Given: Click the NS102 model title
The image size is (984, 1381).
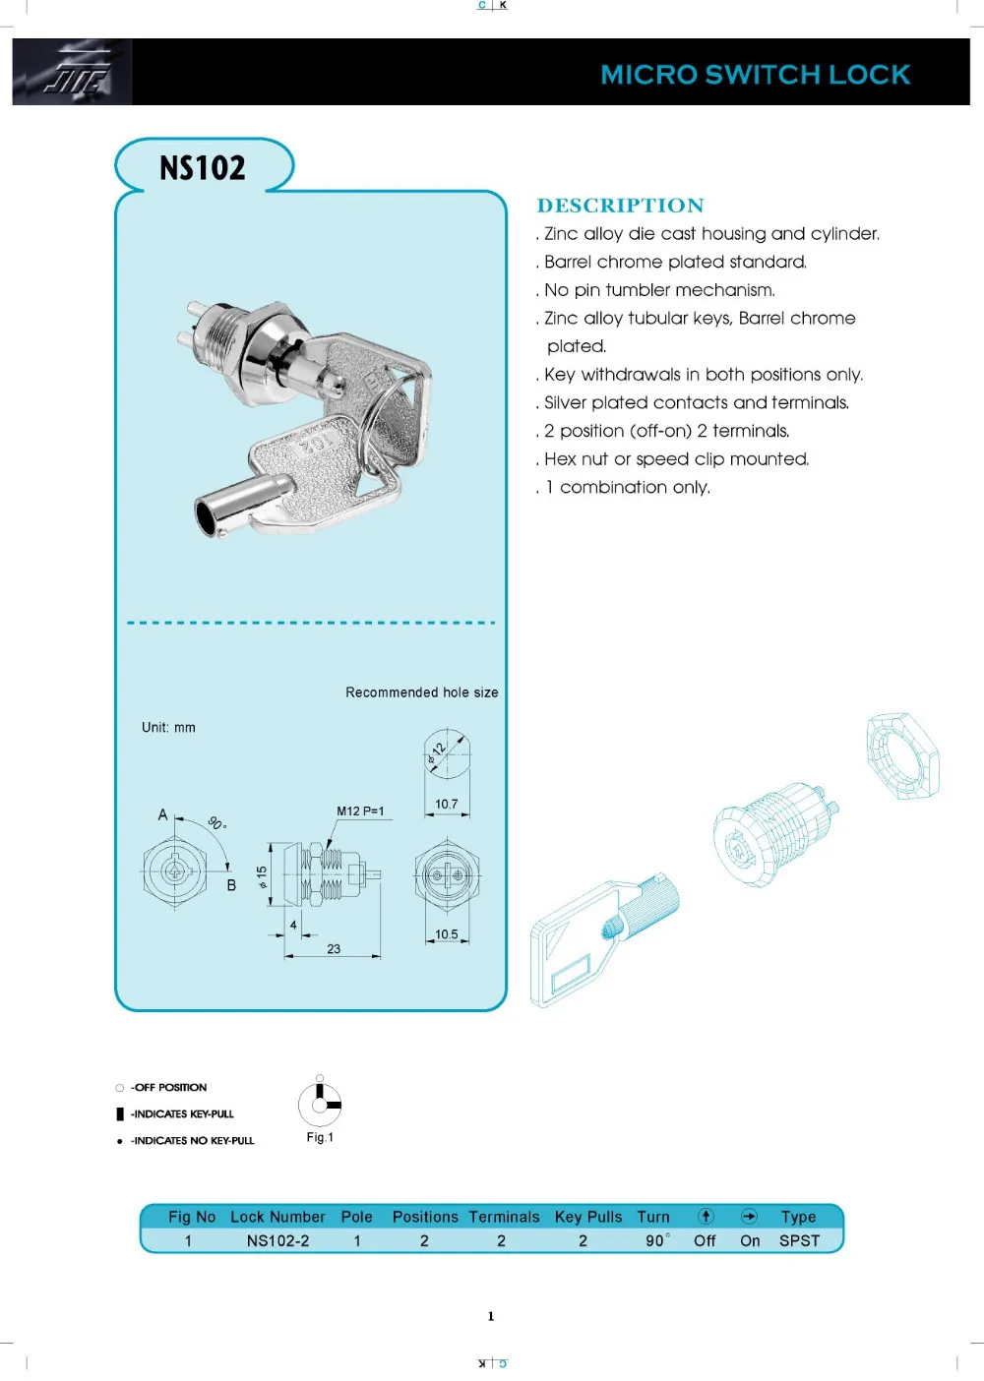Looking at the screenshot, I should pyautogui.click(x=203, y=168).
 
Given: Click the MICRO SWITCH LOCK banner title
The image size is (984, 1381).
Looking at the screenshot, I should pyautogui.click(x=755, y=75).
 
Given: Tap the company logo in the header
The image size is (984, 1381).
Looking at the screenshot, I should pyautogui.click(x=74, y=72).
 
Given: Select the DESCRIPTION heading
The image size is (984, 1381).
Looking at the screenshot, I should pyautogui.click(x=620, y=206).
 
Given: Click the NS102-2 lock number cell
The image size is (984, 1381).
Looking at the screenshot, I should pyautogui.click(x=277, y=1240).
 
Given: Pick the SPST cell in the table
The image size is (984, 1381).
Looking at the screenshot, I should pyautogui.click(x=799, y=1240).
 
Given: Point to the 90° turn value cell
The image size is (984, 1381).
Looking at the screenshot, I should pyautogui.click(x=656, y=1240).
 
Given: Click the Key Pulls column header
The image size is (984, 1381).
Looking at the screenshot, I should pyautogui.click(x=588, y=1217).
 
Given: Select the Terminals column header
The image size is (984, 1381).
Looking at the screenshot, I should pyautogui.click(x=504, y=1217).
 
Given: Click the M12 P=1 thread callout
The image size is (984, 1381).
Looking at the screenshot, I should pyautogui.click(x=360, y=811).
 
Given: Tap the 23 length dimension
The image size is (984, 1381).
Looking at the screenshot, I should pyautogui.click(x=334, y=949).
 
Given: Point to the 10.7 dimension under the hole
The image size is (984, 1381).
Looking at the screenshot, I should pyautogui.click(x=447, y=805).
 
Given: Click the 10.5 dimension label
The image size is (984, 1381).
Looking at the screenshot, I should pyautogui.click(x=447, y=934).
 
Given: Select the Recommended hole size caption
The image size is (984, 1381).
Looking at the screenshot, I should pyautogui.click(x=421, y=692).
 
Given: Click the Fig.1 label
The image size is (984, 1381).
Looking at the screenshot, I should pyautogui.click(x=320, y=1137).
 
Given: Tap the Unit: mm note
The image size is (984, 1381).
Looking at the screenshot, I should pyautogui.click(x=168, y=728).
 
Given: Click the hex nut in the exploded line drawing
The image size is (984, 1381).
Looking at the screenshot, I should pyautogui.click(x=902, y=755).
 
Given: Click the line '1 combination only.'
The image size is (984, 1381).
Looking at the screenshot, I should pyautogui.click(x=627, y=487).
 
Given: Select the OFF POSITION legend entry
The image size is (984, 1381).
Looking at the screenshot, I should pyautogui.click(x=168, y=1087).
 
